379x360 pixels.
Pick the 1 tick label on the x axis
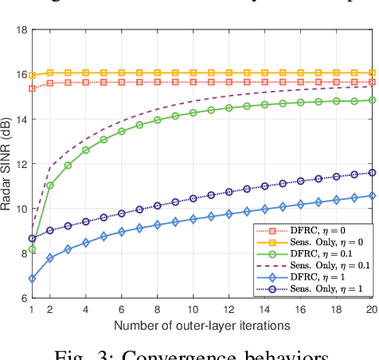click(x=32, y=310)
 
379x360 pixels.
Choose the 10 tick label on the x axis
click(x=193, y=310)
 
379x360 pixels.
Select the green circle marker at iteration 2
click(x=49, y=186)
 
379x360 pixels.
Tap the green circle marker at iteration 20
click(x=372, y=100)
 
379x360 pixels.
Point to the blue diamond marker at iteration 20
click(x=372, y=195)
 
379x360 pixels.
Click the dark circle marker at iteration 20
click(x=372, y=172)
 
